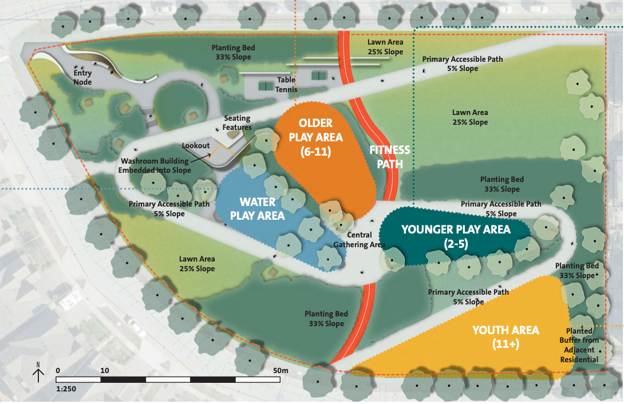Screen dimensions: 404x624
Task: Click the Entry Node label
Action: click(x=82, y=78)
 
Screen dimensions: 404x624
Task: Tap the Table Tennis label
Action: click(x=286, y=85)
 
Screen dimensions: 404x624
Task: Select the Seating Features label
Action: click(x=237, y=123)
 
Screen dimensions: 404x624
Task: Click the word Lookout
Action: click(x=196, y=146)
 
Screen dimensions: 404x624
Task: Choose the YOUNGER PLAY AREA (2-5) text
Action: click(x=456, y=236)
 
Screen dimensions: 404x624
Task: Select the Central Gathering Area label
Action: click(x=360, y=240)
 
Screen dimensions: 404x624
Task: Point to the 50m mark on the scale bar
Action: click(x=281, y=370)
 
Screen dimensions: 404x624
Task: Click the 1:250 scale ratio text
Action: click(x=66, y=389)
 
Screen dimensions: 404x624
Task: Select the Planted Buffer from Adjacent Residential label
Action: click(x=583, y=345)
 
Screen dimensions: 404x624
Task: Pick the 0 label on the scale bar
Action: click(x=58, y=370)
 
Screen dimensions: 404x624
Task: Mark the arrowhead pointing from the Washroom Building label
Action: click(x=214, y=152)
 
